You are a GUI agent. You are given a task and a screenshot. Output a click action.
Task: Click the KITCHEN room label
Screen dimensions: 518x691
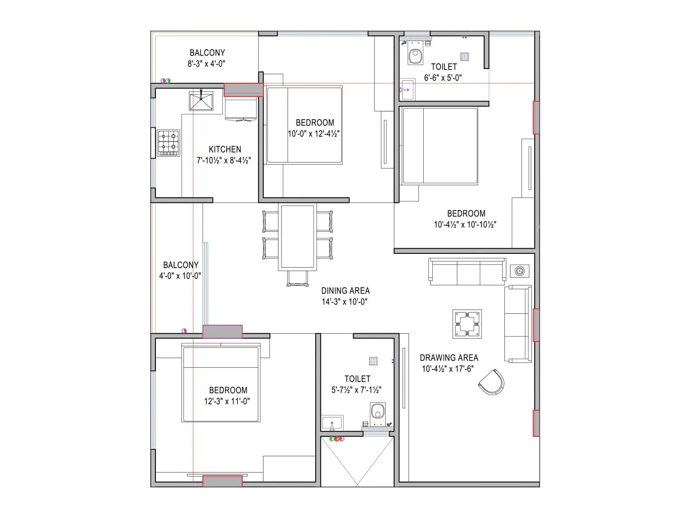pos(225,149)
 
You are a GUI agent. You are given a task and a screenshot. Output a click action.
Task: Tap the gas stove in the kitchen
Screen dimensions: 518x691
pos(168,142)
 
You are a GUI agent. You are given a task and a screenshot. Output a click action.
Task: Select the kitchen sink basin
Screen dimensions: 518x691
pos(201,101)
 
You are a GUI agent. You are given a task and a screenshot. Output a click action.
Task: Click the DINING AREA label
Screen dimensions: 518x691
pos(345,291)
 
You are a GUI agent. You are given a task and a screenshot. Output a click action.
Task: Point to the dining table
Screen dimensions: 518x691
pos(297,237)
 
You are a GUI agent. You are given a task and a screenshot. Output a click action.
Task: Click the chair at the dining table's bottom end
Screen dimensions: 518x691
pos(298,278)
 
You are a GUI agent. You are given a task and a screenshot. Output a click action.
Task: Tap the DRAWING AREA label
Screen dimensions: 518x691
pos(449,358)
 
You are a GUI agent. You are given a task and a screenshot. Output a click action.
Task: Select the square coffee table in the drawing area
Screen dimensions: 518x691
pos(467,324)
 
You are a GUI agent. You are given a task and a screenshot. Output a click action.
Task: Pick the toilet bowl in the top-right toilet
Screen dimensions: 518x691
pos(415,56)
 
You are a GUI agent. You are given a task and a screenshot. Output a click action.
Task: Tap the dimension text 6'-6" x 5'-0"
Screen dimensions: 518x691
pos(443,78)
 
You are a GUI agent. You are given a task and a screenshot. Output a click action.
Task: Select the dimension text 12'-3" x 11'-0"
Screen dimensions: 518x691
pos(227,401)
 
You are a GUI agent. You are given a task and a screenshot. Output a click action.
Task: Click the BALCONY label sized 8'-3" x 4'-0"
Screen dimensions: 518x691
pos(207,53)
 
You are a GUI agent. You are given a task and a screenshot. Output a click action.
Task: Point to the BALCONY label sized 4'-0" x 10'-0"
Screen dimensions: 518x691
pos(181,265)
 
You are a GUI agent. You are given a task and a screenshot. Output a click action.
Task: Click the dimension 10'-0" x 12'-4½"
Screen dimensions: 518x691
pos(314,134)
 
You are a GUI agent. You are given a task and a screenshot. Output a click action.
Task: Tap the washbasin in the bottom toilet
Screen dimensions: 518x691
pos(332,423)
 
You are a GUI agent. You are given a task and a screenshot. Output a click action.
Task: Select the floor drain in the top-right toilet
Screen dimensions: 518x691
pos(464,57)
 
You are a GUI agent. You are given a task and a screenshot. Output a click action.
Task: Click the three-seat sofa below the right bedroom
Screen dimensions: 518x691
pos(467,272)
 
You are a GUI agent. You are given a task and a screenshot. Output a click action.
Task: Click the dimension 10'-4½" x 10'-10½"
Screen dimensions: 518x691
pos(465,224)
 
